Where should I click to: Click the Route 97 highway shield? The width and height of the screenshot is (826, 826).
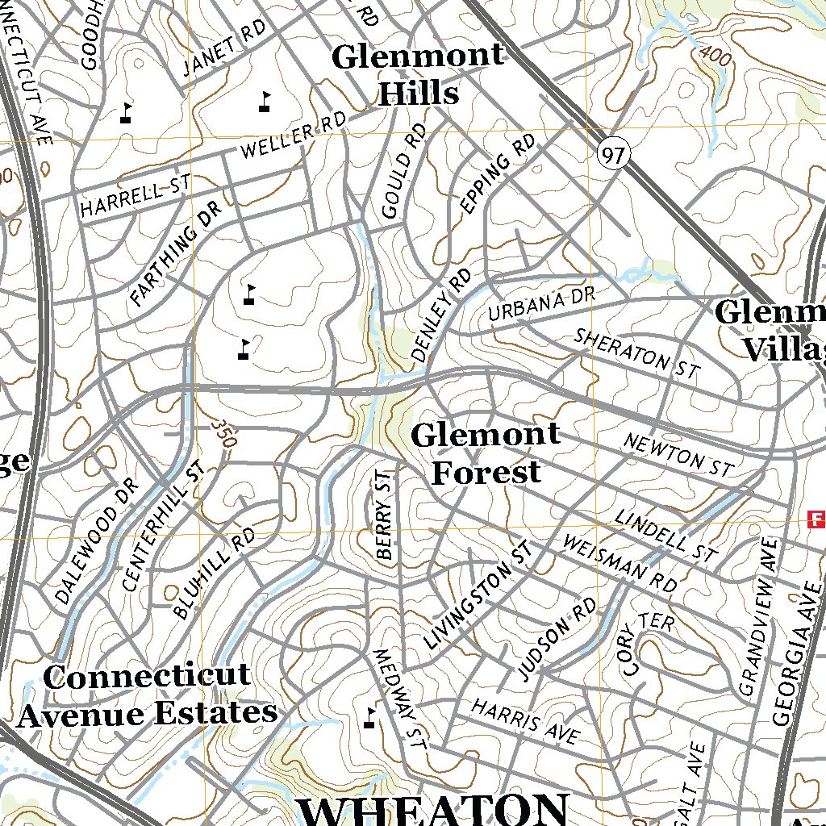614,155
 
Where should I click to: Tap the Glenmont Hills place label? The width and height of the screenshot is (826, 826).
418,75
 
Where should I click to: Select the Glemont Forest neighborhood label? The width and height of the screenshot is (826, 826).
486,453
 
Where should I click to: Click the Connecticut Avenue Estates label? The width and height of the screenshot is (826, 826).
148,695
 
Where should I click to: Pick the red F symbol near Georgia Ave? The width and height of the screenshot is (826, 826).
817,518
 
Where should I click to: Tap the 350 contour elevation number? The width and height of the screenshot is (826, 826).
225,433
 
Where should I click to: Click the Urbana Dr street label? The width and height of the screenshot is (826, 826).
541,305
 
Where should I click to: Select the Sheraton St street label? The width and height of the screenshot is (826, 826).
636,353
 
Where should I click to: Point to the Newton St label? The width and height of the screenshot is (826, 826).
678,454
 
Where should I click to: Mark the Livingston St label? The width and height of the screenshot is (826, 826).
479,596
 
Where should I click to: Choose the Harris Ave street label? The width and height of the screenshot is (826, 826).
525,721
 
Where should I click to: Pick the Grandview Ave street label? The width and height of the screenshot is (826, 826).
757,617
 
